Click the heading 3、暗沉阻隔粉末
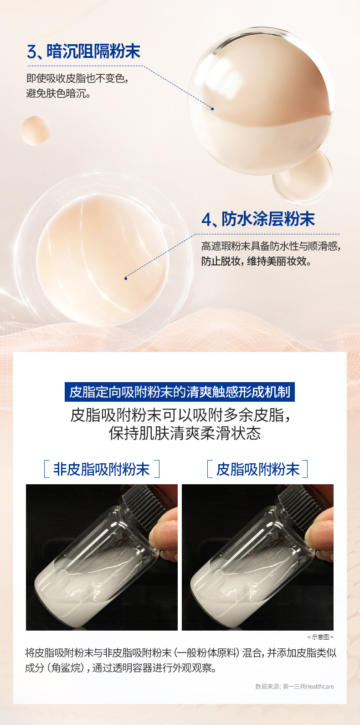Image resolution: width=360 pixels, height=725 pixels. tap(83, 52)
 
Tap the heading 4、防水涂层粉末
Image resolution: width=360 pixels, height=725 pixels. tap(258, 219)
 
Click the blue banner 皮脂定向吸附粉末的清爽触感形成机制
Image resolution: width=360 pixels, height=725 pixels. tap(180, 392)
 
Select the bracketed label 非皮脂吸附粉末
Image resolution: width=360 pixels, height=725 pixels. tap(102, 469)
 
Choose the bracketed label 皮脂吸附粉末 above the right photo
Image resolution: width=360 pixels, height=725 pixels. tap(257, 469)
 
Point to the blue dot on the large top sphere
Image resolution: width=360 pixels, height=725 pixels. tap(212, 109)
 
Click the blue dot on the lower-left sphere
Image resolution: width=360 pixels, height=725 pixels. tap(126, 278)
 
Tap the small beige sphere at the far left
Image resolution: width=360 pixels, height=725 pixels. tap(35, 130)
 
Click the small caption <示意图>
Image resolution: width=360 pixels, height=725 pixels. tap(320, 637)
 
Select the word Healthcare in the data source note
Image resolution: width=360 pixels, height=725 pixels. tap(319, 687)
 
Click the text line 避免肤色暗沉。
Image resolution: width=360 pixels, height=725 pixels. tap(58, 93)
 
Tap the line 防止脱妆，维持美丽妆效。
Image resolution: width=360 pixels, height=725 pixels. tap(257, 261)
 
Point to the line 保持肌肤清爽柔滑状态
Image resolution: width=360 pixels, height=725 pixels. tap(185, 433)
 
